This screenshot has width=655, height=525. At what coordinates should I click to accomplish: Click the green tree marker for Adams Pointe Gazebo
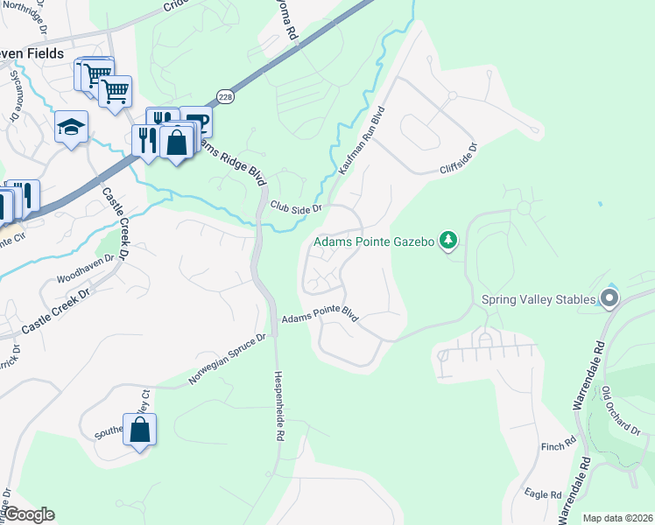tap(448, 240)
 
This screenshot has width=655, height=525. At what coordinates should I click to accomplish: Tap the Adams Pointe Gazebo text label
tap(375, 241)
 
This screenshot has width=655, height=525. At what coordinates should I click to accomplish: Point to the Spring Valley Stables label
tap(539, 299)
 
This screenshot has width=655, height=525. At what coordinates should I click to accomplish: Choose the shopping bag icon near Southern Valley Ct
tap(139, 430)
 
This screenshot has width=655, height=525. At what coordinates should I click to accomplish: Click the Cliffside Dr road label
tap(460, 157)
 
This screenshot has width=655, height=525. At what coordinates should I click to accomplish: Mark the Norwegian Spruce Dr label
tap(227, 360)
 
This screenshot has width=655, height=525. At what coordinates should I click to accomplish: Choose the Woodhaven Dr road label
tap(85, 267)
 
